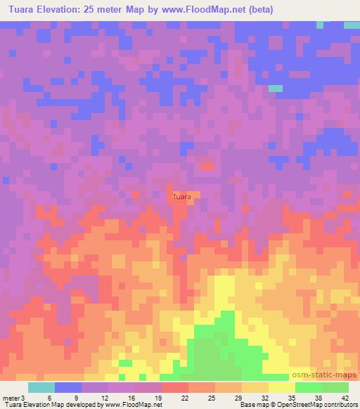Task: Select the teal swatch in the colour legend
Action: coord(41,387)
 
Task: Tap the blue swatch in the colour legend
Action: coord(68,387)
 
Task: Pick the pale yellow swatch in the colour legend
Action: coord(281,387)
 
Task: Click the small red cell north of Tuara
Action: coord(207,167)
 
